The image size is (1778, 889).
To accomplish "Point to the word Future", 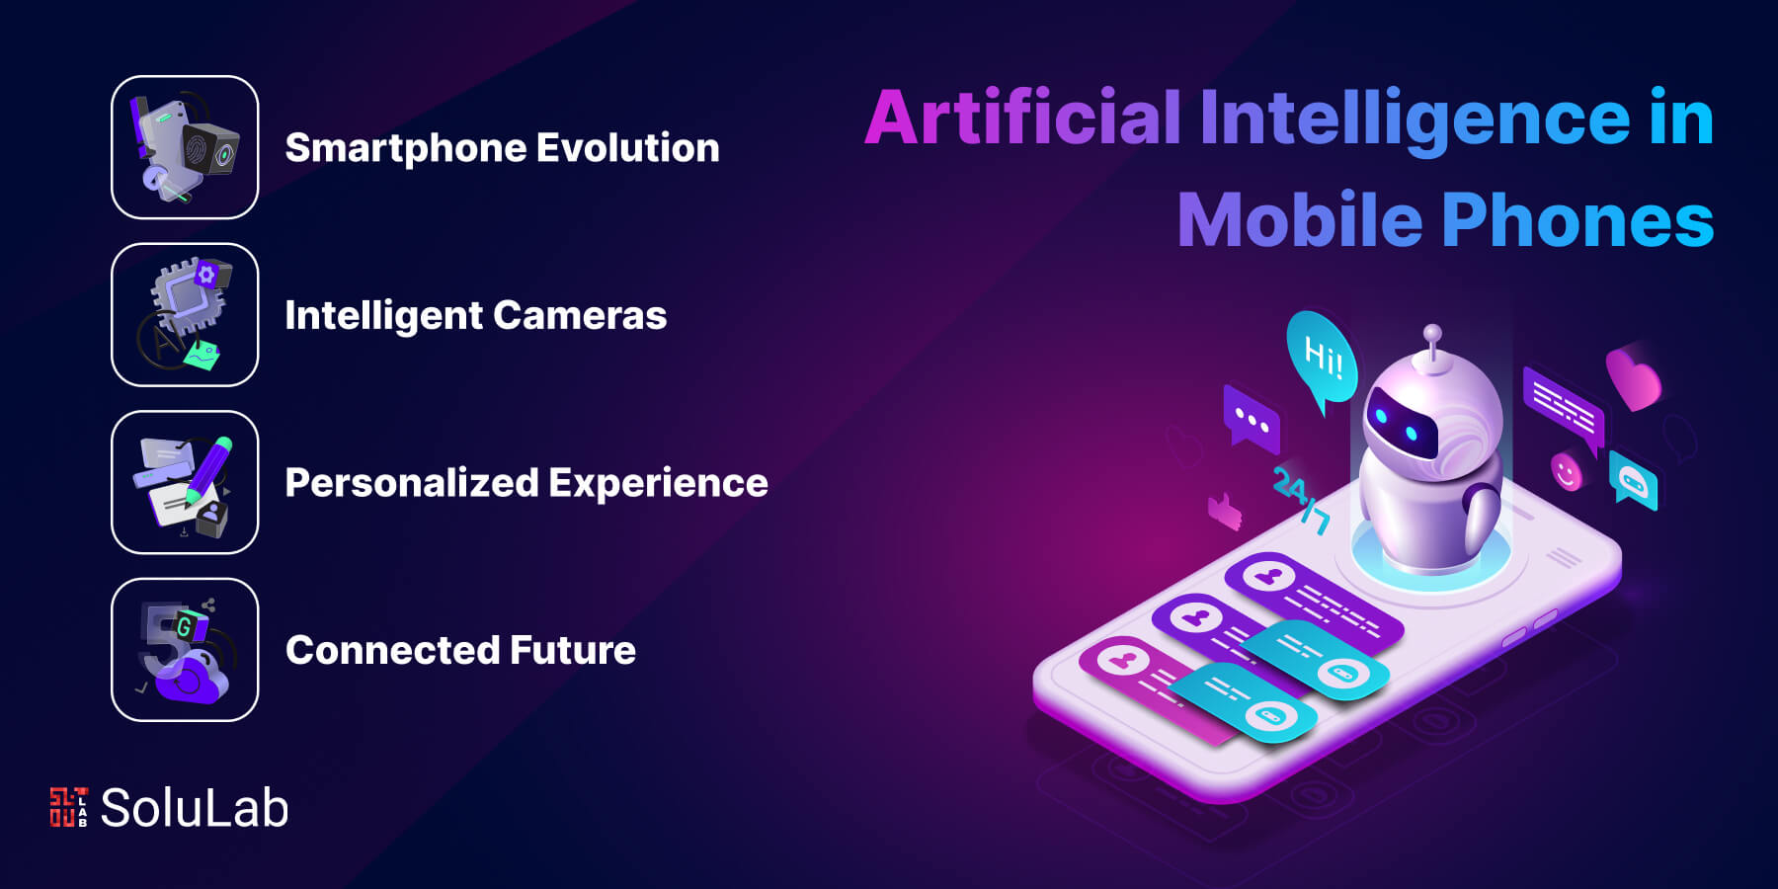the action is click(x=573, y=651).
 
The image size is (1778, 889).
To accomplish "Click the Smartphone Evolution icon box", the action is click(x=185, y=147).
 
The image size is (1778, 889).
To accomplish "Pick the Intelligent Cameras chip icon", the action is click(x=191, y=293).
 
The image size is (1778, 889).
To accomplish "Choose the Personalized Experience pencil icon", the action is click(x=209, y=469).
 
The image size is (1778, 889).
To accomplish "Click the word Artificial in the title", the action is click(x=1023, y=118).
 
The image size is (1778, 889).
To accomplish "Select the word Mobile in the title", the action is click(x=1301, y=220).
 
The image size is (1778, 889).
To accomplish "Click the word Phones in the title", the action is click(x=1577, y=220).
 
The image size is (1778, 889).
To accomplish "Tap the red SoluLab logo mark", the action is click(x=68, y=807).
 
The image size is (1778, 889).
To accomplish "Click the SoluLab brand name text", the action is click(x=195, y=808).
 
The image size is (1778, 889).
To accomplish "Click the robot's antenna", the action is click(x=1431, y=345).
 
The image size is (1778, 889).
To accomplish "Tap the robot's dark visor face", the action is click(x=1401, y=425).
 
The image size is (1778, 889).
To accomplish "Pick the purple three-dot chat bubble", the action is click(x=1252, y=420).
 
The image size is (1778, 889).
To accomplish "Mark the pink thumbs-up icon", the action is click(x=1225, y=511).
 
